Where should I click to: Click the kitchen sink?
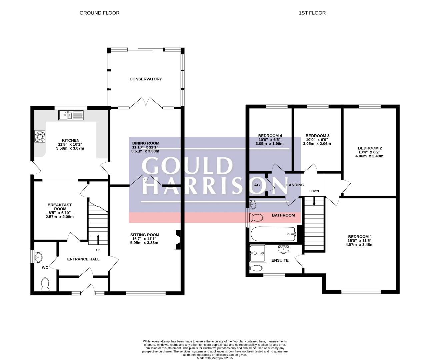[71, 115]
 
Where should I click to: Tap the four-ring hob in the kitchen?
[40, 137]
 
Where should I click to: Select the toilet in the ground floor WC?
[45, 284]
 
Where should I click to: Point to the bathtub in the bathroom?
[273, 234]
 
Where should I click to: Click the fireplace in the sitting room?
[178, 240]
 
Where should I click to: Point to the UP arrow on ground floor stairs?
[98, 239]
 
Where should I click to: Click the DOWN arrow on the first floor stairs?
[314, 201]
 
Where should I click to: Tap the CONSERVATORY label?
[146, 79]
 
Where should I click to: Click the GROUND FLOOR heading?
[99, 13]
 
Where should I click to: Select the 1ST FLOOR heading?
[312, 13]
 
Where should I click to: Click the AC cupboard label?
[257, 185]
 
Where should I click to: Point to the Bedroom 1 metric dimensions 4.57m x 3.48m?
[359, 245]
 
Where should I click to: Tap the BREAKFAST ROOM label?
[60, 207]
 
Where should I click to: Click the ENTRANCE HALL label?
[83, 259]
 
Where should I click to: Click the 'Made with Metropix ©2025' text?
[215, 358]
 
